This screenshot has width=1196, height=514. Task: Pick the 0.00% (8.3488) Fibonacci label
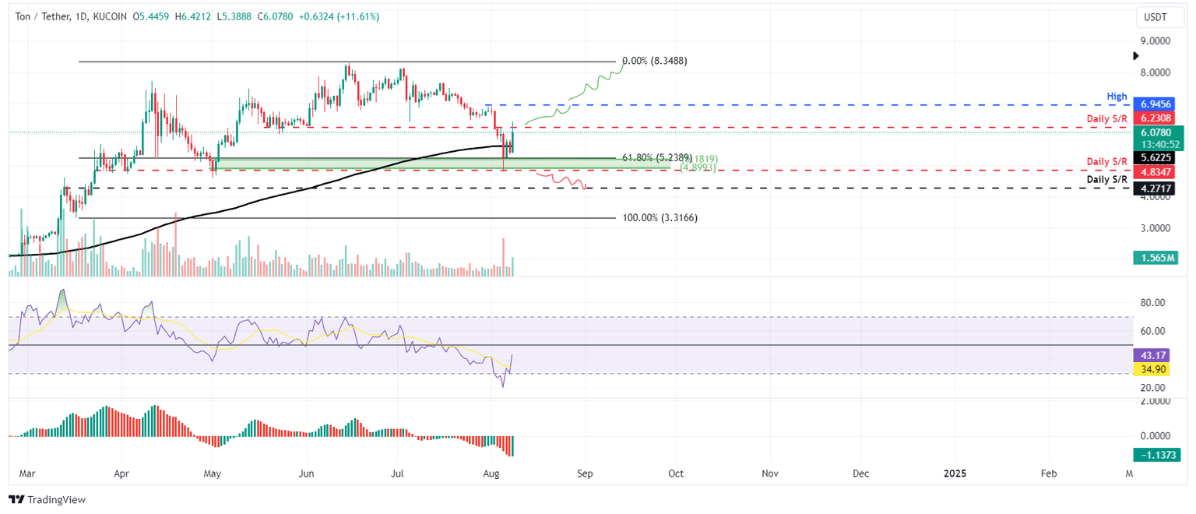655,61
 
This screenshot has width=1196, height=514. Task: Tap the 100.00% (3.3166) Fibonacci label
660,218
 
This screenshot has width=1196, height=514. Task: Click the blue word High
1117,97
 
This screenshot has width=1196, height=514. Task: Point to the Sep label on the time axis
585,473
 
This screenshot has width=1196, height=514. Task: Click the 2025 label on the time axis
955,473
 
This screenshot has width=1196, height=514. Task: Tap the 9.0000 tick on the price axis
1156,40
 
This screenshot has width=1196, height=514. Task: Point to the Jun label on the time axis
306,473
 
